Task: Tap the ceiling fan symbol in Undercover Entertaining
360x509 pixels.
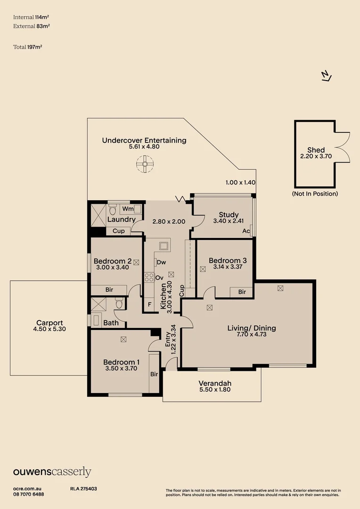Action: pyautogui.click(x=145, y=165)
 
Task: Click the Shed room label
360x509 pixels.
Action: pyautogui.click(x=316, y=150)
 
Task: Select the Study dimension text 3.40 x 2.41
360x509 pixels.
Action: pyautogui.click(x=229, y=221)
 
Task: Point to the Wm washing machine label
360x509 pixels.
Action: pyautogui.click(x=127, y=208)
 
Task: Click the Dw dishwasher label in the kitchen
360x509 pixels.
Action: pyautogui.click(x=161, y=262)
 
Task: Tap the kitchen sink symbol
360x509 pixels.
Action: pyautogui.click(x=164, y=246)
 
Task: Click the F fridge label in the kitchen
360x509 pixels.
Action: pyautogui.click(x=150, y=304)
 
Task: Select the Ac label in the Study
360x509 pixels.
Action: pyautogui.click(x=246, y=231)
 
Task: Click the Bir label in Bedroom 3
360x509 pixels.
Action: pyautogui.click(x=242, y=292)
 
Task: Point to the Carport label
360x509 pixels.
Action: pyautogui.click(x=49, y=323)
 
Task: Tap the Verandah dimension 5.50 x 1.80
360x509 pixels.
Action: pyautogui.click(x=215, y=390)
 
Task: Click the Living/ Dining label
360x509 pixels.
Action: pyautogui.click(x=252, y=328)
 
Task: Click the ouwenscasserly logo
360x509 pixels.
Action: pyautogui.click(x=52, y=472)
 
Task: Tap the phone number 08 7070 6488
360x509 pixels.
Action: pyautogui.click(x=29, y=494)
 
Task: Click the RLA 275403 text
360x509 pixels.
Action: pyautogui.click(x=83, y=489)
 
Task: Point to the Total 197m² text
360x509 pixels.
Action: pyautogui.click(x=31, y=47)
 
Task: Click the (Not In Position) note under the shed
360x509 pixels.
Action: pyautogui.click(x=315, y=194)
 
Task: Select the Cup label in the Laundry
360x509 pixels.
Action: pyautogui.click(x=119, y=231)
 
